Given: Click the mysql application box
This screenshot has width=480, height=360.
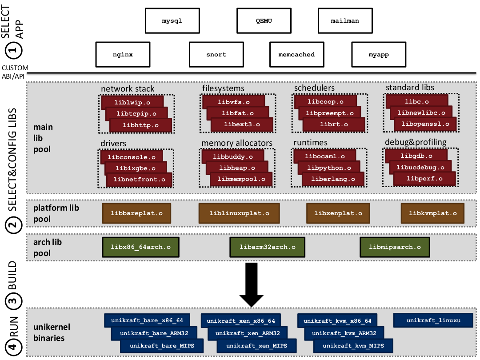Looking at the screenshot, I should pos(172,20).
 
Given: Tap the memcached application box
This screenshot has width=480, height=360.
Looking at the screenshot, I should pos(296,55).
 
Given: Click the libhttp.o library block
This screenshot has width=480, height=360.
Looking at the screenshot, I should pos(140,125).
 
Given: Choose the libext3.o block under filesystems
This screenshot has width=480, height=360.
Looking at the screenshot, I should pos(242,124).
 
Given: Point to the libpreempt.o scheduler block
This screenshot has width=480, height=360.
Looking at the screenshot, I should pos(329,113).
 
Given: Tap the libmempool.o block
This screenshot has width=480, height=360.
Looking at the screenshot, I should pos(241,179).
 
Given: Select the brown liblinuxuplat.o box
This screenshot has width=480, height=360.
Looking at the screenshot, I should pos(239,213).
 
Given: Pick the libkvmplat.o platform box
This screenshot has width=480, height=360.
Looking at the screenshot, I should pos(432,213).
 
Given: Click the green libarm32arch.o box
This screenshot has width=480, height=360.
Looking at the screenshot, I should pos(267,247).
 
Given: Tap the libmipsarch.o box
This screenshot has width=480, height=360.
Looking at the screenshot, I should pos(395,247).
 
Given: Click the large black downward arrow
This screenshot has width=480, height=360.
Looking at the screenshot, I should pos(252,284).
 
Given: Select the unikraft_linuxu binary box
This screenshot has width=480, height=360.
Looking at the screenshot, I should pos(433,320).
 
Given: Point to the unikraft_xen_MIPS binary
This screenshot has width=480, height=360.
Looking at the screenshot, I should pos(256,346).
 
